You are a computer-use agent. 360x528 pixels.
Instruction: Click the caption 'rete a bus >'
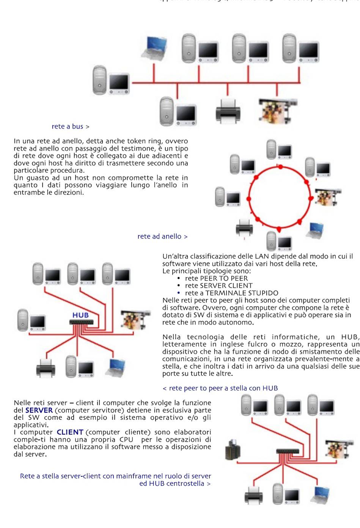point(71,126)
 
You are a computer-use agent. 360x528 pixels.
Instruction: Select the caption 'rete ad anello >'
point(162,236)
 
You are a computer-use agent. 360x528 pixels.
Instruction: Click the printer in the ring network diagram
point(244,228)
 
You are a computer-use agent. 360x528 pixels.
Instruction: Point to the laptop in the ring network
point(316,230)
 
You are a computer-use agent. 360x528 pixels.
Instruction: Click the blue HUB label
point(80,315)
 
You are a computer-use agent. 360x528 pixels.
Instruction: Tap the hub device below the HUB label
point(81,322)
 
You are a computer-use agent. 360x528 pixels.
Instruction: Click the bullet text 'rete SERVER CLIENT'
point(219,285)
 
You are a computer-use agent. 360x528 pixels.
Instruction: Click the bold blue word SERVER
point(39,410)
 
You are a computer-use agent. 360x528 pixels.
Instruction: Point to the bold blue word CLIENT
point(70,432)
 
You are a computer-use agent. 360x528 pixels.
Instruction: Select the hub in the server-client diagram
point(288,451)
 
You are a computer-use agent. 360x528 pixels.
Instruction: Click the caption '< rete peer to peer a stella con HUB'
point(220,388)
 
